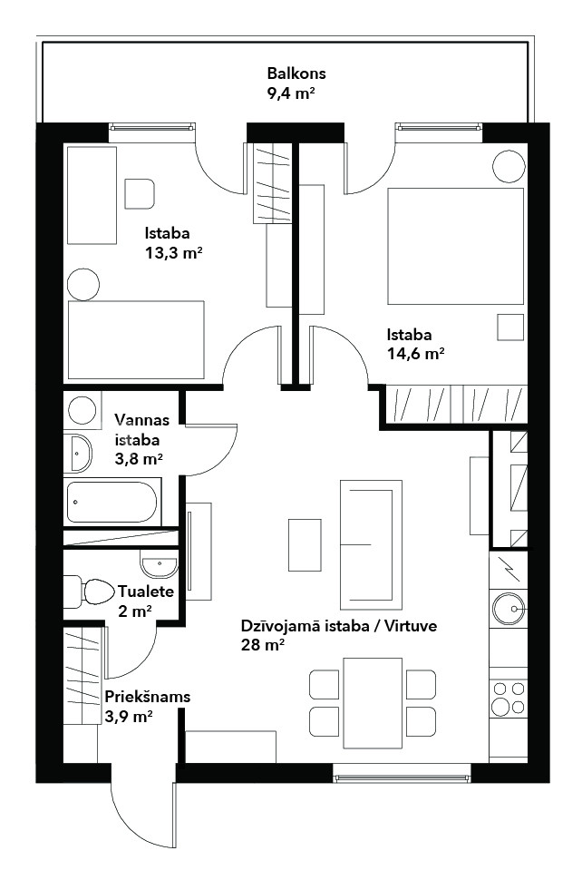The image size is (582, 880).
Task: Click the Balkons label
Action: (x=296, y=73)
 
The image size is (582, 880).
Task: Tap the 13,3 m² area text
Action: (x=173, y=253)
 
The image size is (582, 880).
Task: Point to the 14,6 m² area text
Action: (x=415, y=354)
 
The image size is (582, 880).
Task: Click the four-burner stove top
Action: (x=508, y=698)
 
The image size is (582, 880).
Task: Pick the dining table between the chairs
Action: (x=373, y=703)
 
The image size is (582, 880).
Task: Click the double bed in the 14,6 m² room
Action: (x=455, y=246)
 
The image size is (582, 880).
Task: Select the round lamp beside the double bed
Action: (x=509, y=166)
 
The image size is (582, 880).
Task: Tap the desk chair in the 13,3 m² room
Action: (x=140, y=194)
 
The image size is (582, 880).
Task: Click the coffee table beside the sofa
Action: (x=305, y=545)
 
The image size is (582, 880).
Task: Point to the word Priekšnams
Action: (x=148, y=697)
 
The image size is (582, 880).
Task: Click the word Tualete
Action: (x=146, y=592)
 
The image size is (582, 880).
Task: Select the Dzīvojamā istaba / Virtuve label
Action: (x=339, y=626)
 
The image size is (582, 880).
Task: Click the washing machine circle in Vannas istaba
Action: (x=82, y=410)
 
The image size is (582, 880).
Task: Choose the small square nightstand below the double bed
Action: (x=510, y=328)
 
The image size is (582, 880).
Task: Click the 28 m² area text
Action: (x=262, y=645)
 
